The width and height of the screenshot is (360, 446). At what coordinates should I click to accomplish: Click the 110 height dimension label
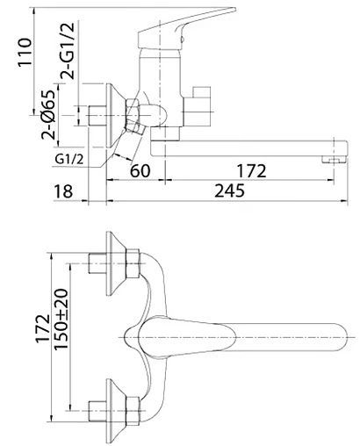[25, 53]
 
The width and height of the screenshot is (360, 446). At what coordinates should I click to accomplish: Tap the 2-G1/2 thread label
[68, 51]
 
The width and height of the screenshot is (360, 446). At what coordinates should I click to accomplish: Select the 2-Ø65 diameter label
[48, 114]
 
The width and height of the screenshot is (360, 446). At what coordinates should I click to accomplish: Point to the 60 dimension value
[140, 170]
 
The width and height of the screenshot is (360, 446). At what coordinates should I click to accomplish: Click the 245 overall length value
[229, 191]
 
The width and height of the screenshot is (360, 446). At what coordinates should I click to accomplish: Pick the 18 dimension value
[63, 191]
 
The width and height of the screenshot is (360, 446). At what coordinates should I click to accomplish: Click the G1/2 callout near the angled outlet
[69, 159]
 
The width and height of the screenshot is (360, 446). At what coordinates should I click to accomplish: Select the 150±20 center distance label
[61, 319]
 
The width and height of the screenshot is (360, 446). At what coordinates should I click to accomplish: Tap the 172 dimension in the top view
[43, 328]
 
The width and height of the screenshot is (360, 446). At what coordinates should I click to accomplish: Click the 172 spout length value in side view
[252, 170]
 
